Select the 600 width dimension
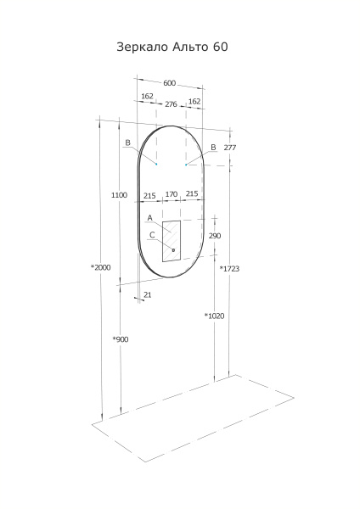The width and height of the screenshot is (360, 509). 169,82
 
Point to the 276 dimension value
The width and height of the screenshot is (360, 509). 171,103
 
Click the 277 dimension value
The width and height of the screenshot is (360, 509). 229,148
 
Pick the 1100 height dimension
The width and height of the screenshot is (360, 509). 119,195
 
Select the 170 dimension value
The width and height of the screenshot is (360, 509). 171,194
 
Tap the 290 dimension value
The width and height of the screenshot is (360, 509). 215,236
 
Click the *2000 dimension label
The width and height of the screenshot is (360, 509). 101,267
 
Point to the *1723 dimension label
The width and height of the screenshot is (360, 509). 229,269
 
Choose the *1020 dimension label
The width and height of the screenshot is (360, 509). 214,316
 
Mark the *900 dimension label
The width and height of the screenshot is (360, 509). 121,339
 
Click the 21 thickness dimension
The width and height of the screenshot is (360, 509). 148,294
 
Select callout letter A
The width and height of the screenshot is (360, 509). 149,219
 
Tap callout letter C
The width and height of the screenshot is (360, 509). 152,235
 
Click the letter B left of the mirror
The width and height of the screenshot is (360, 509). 127,143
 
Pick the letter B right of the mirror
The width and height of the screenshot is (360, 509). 213,147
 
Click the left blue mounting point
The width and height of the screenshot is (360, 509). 156,164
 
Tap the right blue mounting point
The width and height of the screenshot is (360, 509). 186,165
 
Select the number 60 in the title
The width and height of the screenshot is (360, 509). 219,48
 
